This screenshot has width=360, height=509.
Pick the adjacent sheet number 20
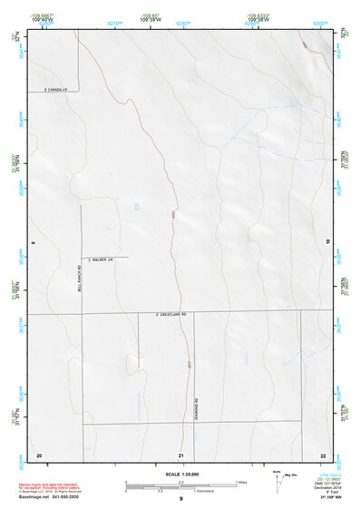pos(39,454)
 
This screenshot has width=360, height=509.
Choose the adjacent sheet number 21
pos(181,454)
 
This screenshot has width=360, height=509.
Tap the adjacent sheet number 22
pos(323,454)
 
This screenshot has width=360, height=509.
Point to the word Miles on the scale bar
pos(242,482)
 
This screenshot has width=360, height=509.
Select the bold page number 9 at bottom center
pos(181,500)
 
